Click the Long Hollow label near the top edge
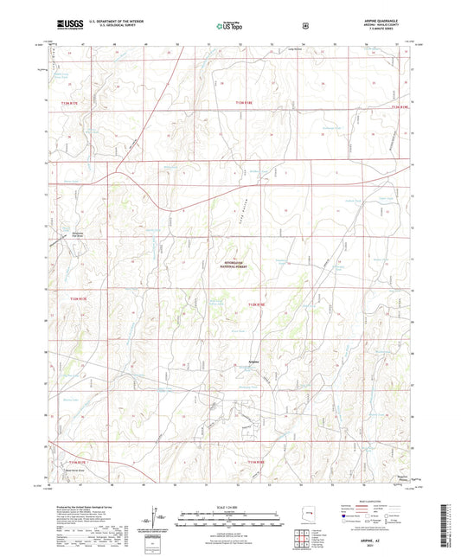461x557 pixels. click(269, 50)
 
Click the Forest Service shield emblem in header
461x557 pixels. click(305, 25)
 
